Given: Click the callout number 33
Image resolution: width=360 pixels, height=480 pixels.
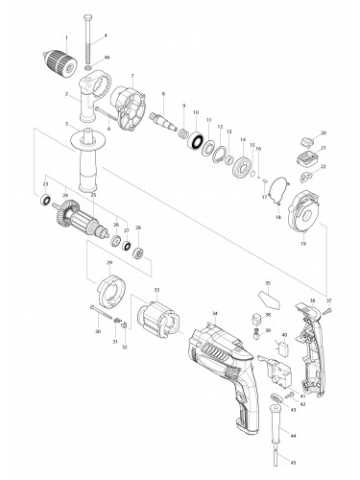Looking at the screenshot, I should click(156, 289).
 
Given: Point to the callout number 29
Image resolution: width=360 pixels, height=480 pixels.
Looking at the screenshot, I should click(110, 262).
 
